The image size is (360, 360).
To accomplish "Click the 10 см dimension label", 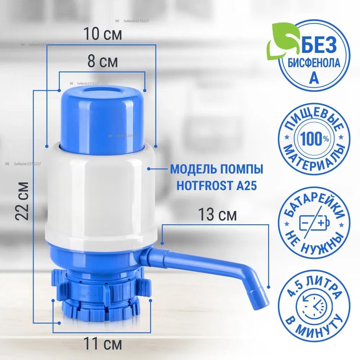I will [x=103, y=34].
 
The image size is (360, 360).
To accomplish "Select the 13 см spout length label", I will [x=218, y=215].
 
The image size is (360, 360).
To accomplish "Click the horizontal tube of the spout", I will [x=194, y=261].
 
